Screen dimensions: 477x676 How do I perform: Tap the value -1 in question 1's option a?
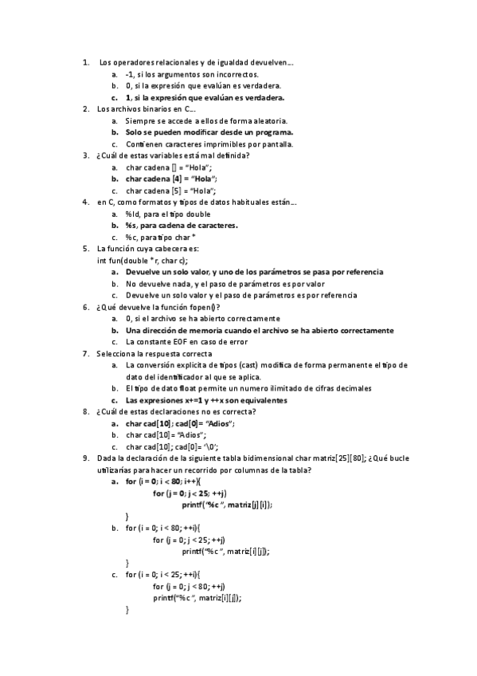click(131, 74)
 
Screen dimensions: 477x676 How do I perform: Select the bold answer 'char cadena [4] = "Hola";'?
click(171, 179)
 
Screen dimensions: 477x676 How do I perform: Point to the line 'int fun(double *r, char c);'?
click(143, 261)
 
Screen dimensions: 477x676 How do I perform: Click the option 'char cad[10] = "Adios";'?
click(166, 435)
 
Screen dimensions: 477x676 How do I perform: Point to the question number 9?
click(86, 458)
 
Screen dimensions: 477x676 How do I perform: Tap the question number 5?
click(86, 249)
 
